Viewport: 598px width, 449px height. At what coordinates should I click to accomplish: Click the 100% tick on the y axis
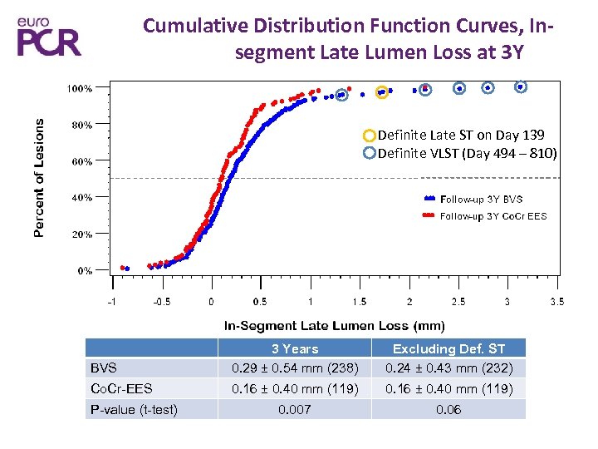pyautogui.click(x=80, y=87)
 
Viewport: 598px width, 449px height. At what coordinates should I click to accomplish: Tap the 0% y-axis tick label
pyautogui.click(x=84, y=270)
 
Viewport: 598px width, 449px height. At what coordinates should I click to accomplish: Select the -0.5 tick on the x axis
pyautogui.click(x=161, y=301)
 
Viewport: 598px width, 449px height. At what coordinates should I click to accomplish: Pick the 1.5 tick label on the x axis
pyautogui.click(x=359, y=301)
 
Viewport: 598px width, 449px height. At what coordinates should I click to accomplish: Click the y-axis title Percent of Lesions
pyautogui.click(x=39, y=176)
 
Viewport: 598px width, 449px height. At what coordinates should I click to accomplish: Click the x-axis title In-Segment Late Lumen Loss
pyautogui.click(x=335, y=326)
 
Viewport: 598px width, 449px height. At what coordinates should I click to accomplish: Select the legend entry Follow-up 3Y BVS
pyautogui.click(x=482, y=199)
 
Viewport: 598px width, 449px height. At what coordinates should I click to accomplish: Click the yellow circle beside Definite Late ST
pyautogui.click(x=369, y=135)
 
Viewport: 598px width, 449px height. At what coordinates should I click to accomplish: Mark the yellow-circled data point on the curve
pyautogui.click(x=382, y=91)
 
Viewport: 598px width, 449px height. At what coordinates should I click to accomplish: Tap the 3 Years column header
pyautogui.click(x=295, y=348)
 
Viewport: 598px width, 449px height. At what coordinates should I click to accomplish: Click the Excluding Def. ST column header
pyautogui.click(x=448, y=348)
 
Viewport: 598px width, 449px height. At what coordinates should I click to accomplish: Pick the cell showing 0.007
pyautogui.click(x=295, y=409)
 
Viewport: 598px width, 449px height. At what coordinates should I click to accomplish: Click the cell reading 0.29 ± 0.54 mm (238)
pyautogui.click(x=295, y=368)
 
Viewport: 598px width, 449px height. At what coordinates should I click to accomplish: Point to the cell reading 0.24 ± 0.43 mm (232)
pyautogui.click(x=448, y=368)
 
